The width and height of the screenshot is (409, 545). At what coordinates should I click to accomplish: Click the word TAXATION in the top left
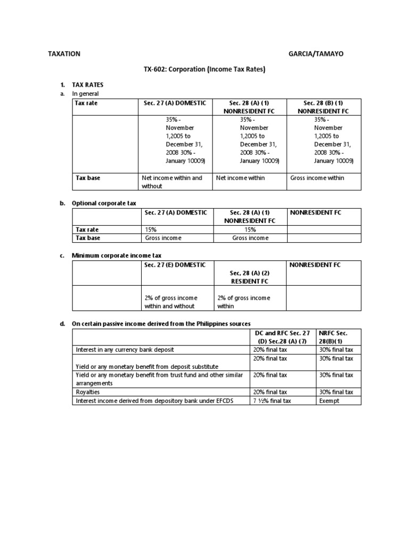[x=64, y=54]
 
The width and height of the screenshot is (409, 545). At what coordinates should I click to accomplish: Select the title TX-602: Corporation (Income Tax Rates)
[x=204, y=69]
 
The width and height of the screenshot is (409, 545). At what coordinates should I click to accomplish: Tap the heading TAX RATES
[x=88, y=85]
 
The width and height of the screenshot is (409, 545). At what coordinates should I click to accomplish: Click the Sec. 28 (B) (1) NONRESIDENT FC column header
[x=323, y=107]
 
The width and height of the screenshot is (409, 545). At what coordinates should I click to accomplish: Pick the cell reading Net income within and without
[x=172, y=182]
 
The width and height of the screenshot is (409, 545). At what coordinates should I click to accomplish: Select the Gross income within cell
[x=317, y=178]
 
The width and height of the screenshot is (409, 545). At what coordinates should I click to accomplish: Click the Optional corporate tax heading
[x=104, y=203]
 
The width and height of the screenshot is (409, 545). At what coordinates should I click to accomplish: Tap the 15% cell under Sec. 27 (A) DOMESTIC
[x=151, y=229]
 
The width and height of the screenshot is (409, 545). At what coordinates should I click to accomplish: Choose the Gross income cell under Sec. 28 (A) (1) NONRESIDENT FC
[x=250, y=238]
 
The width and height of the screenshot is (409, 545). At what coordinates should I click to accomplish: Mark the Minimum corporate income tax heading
[x=112, y=255]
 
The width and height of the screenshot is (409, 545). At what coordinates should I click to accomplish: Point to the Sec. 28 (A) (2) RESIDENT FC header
[x=249, y=277]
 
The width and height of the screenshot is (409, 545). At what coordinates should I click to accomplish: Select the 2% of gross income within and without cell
[x=169, y=302]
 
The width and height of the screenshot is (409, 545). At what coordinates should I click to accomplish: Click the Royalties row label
[x=88, y=392]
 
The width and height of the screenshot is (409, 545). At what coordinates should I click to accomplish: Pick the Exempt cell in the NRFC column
[x=329, y=401]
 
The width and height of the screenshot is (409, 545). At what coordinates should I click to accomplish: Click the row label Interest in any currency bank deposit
[x=125, y=350]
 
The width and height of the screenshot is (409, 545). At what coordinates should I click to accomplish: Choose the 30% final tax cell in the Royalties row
[x=336, y=392]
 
